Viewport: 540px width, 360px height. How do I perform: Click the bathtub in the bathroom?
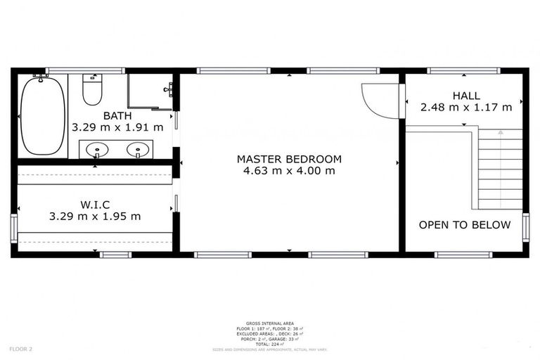pos(42,116)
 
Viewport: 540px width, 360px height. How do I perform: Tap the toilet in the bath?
pos(92,90)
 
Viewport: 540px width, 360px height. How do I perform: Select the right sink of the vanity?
pos(140,149)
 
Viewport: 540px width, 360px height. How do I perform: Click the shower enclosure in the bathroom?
pos(150,91)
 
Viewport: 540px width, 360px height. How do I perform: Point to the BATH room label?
pos(117,115)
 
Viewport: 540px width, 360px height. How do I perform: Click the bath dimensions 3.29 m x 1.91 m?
pos(117,127)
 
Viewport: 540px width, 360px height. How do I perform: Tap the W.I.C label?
pos(95,204)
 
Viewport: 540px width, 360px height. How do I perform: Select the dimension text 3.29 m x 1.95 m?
pos(95,216)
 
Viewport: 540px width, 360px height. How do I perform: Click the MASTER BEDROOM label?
pos(289,159)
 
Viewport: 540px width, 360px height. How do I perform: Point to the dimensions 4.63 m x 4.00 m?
pos(289,171)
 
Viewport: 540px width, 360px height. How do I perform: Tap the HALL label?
pos(466,96)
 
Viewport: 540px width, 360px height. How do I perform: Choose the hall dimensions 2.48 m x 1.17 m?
pos(466,108)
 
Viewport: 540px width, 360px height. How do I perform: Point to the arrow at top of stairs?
pos(500,131)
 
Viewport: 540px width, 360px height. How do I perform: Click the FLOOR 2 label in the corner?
pos(21,349)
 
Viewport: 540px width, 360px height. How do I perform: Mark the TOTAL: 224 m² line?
pos(269,343)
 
